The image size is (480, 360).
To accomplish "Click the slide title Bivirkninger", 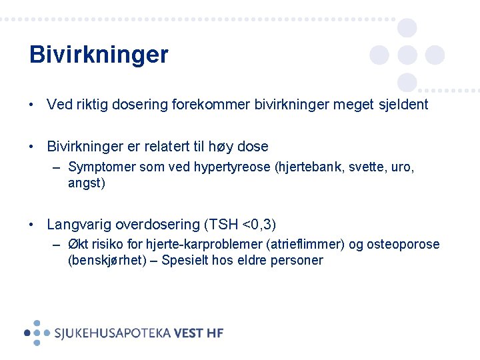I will point(99,55).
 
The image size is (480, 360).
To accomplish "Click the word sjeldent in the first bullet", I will point(401,105).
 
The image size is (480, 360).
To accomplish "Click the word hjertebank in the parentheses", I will point(306,167).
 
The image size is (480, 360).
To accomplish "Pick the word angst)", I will point(87,182).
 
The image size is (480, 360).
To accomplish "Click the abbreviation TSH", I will point(224,224).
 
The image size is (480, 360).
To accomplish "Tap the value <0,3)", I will point(259,224).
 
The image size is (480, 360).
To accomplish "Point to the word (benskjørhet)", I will point(106,260).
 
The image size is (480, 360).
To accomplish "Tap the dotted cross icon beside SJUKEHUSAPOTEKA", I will point(37,332).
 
